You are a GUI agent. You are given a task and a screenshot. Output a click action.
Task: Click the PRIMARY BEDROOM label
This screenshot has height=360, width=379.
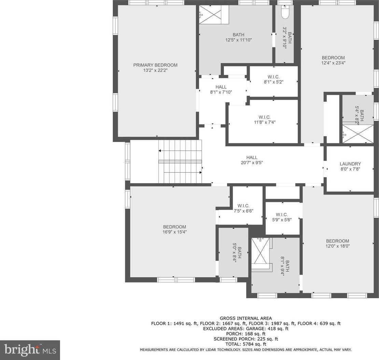[x=155, y=65]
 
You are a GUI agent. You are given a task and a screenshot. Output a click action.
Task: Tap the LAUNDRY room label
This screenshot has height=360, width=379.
[x=350, y=164]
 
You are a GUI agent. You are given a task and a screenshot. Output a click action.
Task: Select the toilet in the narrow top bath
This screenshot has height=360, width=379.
[x=285, y=12]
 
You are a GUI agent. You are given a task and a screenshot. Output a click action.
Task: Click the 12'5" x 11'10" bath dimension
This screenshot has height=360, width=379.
[x=239, y=40]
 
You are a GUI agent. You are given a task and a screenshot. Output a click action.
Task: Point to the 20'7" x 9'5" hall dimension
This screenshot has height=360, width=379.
[x=252, y=163]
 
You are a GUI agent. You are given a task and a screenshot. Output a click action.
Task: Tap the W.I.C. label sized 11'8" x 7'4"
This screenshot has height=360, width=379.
[x=264, y=117]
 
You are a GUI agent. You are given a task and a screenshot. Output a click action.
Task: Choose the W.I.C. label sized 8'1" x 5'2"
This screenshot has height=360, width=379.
[x=273, y=77]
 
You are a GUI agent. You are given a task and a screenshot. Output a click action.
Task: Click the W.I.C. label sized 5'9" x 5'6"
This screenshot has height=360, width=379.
[x=282, y=215]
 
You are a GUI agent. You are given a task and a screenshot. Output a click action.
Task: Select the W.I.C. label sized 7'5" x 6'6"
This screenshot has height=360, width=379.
[x=243, y=206]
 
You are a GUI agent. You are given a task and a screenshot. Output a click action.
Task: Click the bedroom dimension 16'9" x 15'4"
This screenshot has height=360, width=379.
[x=174, y=232]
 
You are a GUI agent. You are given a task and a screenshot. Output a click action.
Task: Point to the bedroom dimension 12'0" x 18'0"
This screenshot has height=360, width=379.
[x=338, y=246]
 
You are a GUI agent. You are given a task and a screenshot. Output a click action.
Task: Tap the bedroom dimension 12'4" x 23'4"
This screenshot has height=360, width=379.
[x=333, y=63]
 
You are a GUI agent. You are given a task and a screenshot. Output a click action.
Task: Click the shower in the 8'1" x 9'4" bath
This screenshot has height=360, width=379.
[x=260, y=251]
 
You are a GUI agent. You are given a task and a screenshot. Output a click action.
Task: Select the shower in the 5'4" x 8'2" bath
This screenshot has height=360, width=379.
[x=358, y=134]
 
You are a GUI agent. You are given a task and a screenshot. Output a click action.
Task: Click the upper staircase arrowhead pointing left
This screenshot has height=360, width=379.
[x=160, y=151]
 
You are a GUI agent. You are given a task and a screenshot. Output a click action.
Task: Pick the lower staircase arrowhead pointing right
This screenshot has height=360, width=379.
[x=200, y=172]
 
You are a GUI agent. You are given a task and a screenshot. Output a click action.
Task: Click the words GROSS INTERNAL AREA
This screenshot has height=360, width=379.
[x=246, y=318]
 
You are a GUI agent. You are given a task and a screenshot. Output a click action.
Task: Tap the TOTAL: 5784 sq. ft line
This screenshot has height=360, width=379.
[x=246, y=344]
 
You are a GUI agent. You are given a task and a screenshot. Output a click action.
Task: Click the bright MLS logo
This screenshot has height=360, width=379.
[x=30, y=350]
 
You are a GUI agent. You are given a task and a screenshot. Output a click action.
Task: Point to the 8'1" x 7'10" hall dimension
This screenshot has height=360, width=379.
[x=221, y=92]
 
